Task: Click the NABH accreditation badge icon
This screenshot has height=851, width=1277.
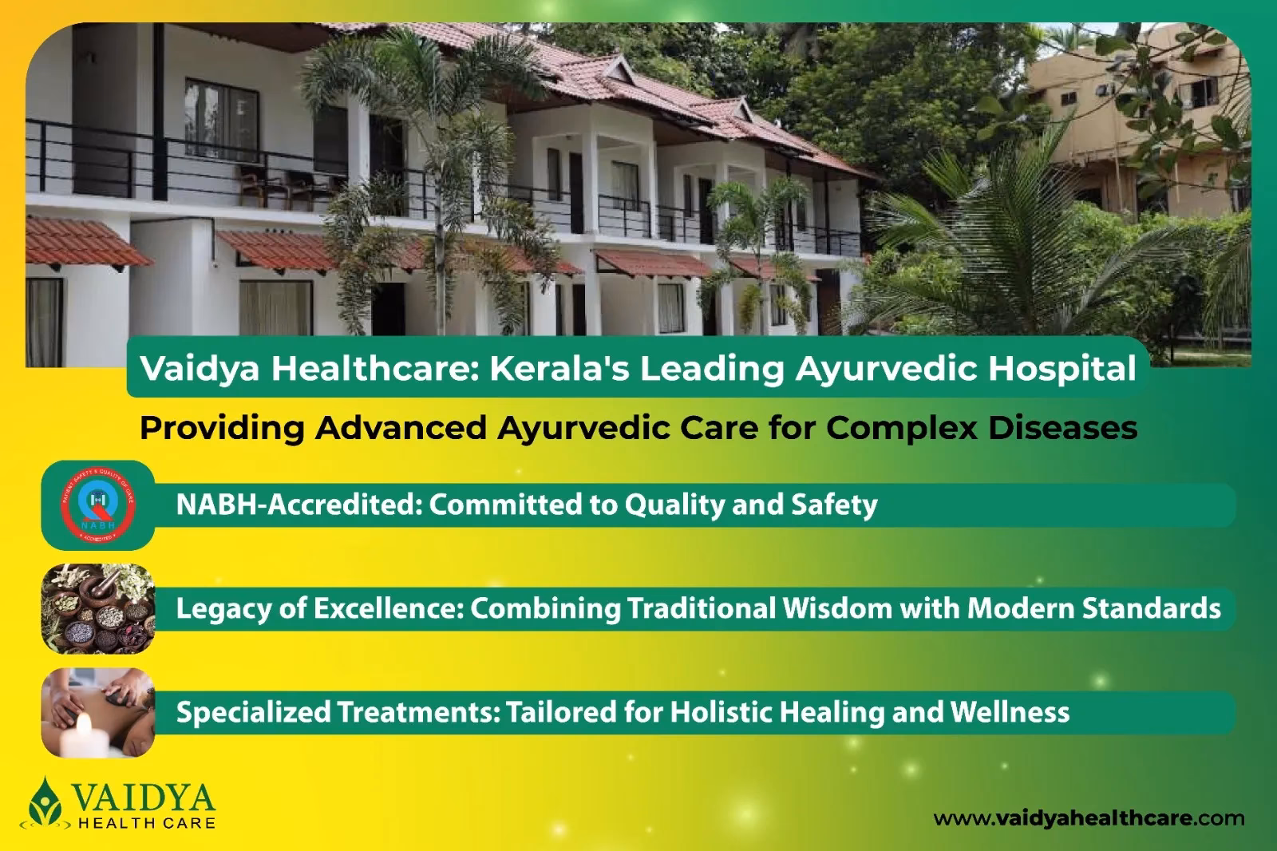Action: tap(98, 505)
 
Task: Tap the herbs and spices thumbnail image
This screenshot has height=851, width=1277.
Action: tap(98, 608)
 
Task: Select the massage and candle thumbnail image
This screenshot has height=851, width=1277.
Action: tap(98, 712)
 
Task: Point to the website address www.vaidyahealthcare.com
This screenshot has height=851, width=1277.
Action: tap(1089, 818)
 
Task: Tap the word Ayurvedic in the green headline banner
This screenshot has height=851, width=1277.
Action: tap(885, 369)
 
